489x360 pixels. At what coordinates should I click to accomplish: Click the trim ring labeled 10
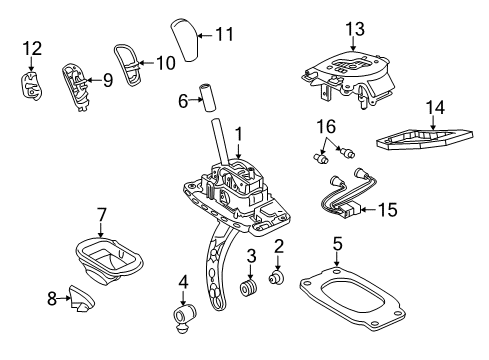coord(126,65)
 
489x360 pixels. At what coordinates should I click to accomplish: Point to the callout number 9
coord(107,79)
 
